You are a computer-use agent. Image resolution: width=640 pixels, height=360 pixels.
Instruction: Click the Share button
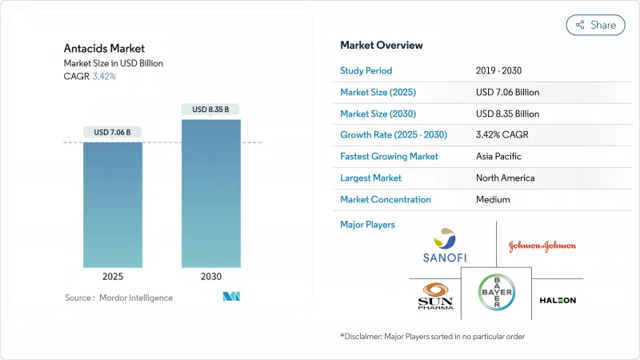pyautogui.click(x=595, y=25)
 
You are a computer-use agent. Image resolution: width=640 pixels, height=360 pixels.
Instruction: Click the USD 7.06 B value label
pyautogui.click(x=113, y=132)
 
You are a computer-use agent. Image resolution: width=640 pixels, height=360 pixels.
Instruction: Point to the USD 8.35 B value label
pyautogui.click(x=211, y=109)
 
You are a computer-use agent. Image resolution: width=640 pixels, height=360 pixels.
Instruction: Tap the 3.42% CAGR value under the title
pyautogui.click(x=103, y=76)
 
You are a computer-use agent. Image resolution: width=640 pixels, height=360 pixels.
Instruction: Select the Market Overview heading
pyautogui.click(x=382, y=45)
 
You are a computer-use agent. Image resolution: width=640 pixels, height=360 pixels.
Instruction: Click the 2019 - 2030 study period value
pyautogui.click(x=498, y=70)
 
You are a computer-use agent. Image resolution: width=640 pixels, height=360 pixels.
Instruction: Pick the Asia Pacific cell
pyautogui.click(x=500, y=156)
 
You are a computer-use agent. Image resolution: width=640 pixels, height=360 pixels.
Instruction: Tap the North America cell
pyautogui.click(x=505, y=178)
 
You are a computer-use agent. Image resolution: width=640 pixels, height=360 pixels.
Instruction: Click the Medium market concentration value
pyautogui.click(x=494, y=199)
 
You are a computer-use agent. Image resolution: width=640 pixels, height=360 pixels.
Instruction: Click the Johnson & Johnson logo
pyautogui.click(x=542, y=246)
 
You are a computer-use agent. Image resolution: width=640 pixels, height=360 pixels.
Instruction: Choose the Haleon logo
pyautogui.click(x=558, y=300)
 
